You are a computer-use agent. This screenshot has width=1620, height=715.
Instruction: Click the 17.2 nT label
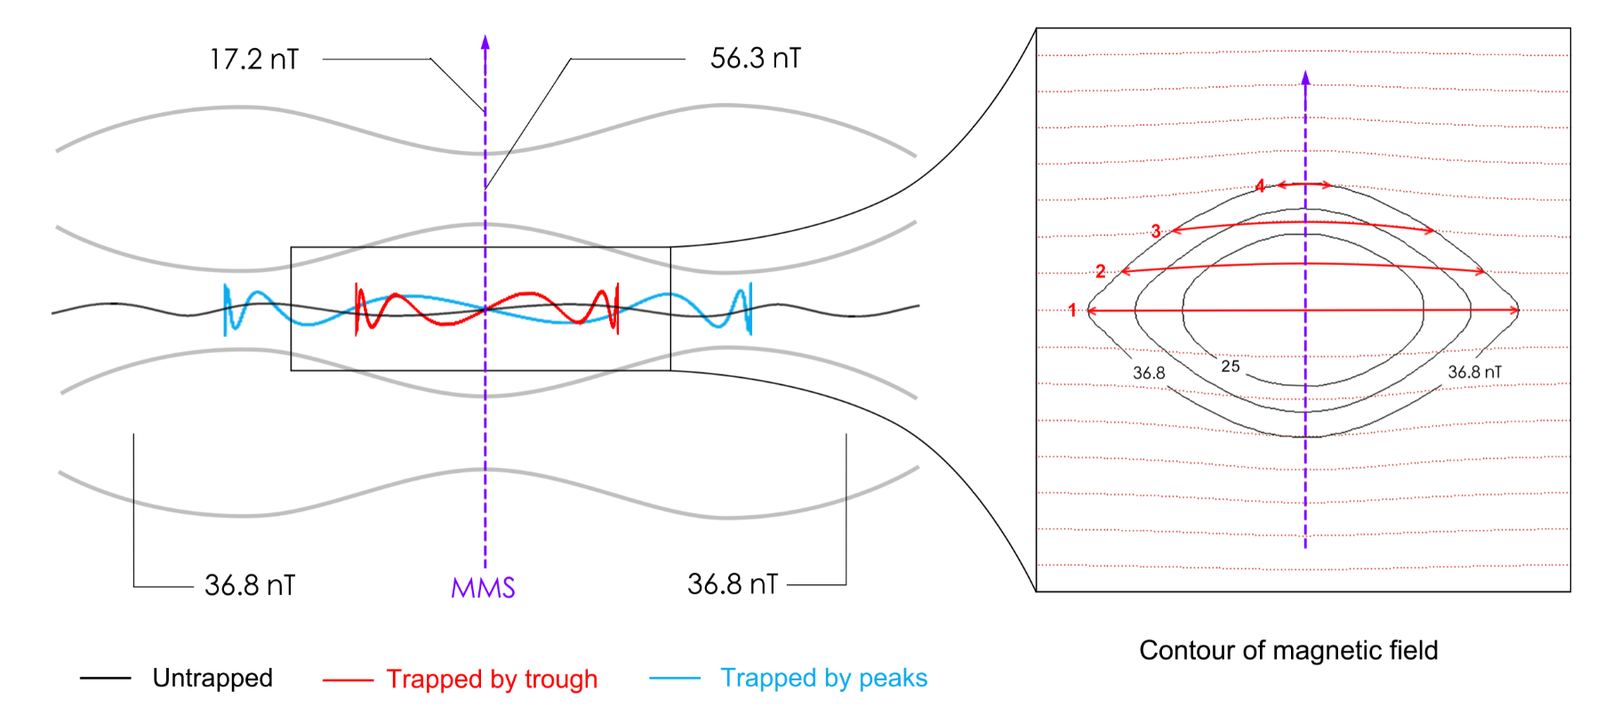254,60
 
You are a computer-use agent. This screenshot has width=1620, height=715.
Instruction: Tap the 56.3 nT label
756,59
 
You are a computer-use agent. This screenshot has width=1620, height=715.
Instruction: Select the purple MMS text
483,588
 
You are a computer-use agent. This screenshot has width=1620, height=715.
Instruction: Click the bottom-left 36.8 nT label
250,585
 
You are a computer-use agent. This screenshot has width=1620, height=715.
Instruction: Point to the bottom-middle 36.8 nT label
733,584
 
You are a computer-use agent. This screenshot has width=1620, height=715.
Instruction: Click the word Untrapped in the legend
213,678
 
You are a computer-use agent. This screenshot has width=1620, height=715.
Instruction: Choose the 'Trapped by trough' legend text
492,679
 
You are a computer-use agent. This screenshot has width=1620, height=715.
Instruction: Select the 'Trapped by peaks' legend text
823,679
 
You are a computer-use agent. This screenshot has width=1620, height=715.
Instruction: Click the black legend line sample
105,679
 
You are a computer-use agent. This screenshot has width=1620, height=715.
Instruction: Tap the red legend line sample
348,680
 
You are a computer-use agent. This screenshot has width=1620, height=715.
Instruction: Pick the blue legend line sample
675,679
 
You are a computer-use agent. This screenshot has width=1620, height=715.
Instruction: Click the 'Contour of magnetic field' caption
1288,651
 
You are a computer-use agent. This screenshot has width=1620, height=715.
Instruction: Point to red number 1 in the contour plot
1072,310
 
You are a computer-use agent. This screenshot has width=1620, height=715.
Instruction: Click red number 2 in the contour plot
1101,271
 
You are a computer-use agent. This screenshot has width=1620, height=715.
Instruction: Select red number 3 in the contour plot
1156,231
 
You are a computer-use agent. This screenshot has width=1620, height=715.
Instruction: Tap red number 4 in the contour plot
1260,186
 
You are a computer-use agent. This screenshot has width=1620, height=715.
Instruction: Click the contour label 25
1231,366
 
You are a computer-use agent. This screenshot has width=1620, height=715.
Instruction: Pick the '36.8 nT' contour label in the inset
1474,372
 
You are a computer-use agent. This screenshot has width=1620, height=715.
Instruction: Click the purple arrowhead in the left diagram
485,42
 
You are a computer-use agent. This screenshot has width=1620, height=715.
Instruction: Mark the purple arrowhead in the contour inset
1305,77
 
